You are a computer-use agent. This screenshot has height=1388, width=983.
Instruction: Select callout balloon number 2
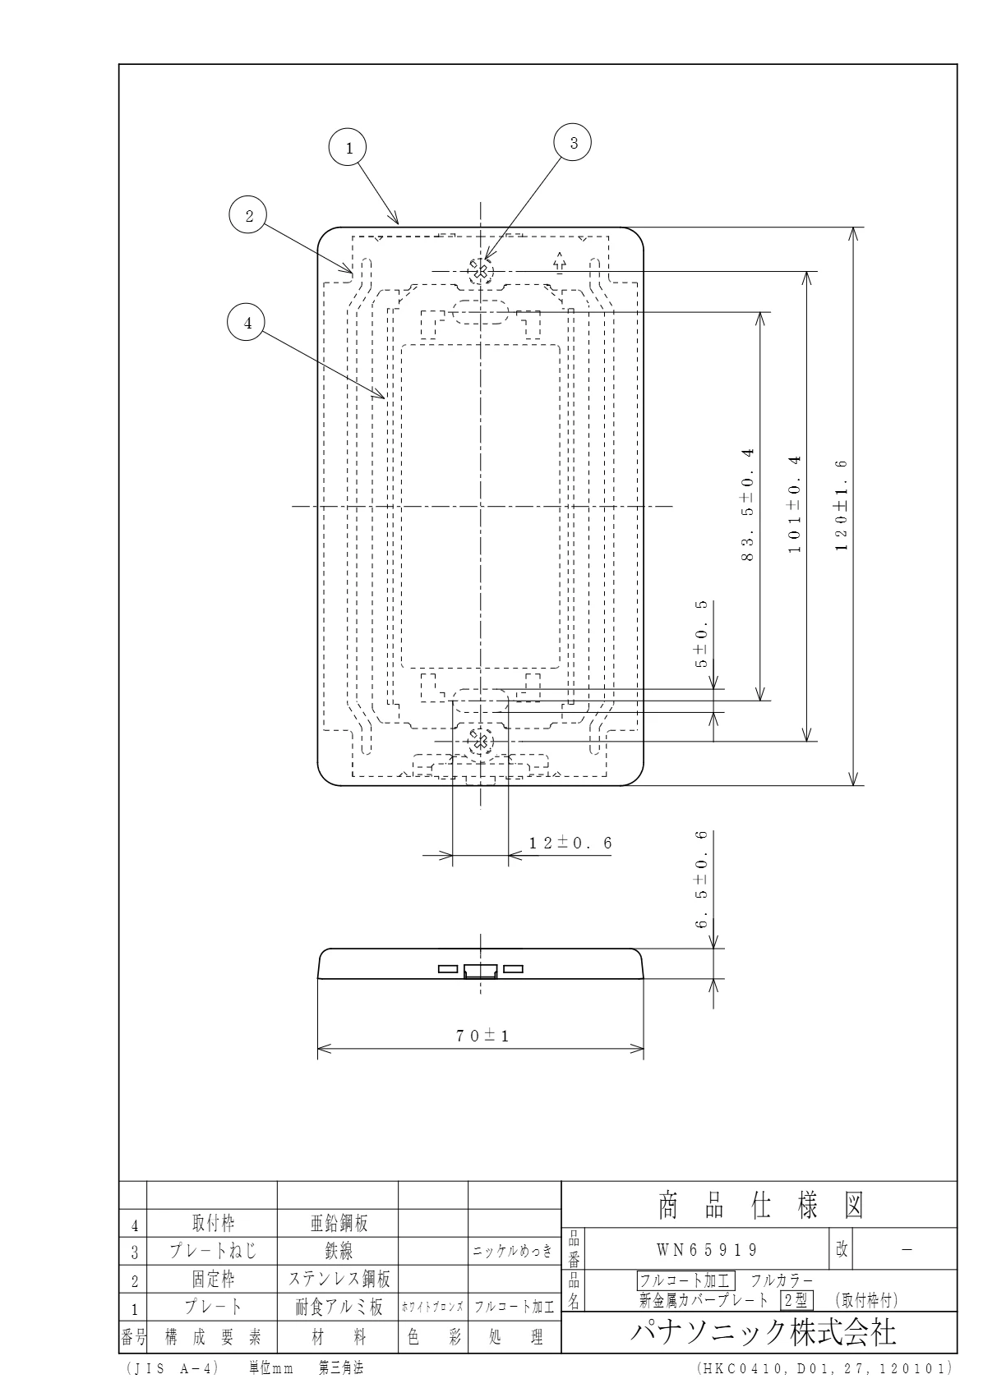point(248,215)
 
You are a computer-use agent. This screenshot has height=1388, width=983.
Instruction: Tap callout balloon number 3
point(572,143)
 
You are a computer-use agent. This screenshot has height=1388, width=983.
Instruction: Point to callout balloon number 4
point(247,322)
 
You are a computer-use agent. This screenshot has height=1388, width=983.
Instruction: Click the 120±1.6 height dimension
point(842,506)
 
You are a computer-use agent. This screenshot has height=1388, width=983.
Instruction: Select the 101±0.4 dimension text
point(795,503)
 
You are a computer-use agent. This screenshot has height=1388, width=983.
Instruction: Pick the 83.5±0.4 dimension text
point(748,504)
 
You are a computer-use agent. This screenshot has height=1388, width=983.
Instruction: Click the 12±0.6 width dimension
point(570,843)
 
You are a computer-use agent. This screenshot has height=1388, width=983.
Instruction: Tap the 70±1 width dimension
point(482,1036)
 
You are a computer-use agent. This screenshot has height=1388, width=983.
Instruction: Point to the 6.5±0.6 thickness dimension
point(701,879)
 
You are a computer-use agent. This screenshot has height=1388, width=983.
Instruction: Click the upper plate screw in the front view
point(480,271)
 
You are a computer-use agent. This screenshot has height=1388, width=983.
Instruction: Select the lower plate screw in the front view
point(480,741)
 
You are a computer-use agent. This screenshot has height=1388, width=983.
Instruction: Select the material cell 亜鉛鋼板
point(339,1223)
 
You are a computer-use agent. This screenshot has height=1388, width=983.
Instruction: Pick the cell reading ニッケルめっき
point(513,1251)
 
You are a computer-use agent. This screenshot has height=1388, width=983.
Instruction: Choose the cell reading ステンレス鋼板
point(339,1278)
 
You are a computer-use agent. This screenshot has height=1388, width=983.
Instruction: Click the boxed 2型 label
point(796,1299)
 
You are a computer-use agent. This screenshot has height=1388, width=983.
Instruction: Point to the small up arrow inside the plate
point(560,263)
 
